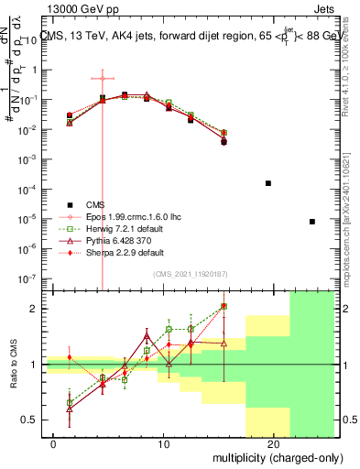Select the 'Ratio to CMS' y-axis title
pos(14,365)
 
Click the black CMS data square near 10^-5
pos(312,222)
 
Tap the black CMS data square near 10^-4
pos(268,183)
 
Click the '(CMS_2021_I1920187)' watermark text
pos(191,274)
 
